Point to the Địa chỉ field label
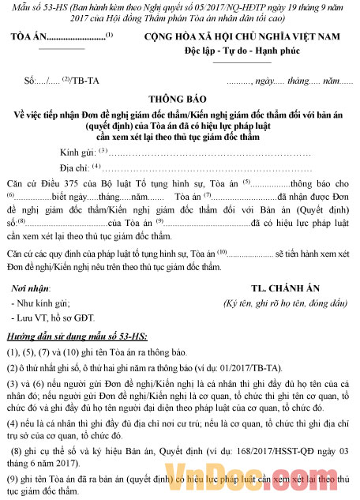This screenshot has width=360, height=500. pyautogui.click(x=76, y=167)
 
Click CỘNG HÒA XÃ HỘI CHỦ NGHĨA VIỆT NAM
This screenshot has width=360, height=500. pyautogui.click(x=249, y=37)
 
